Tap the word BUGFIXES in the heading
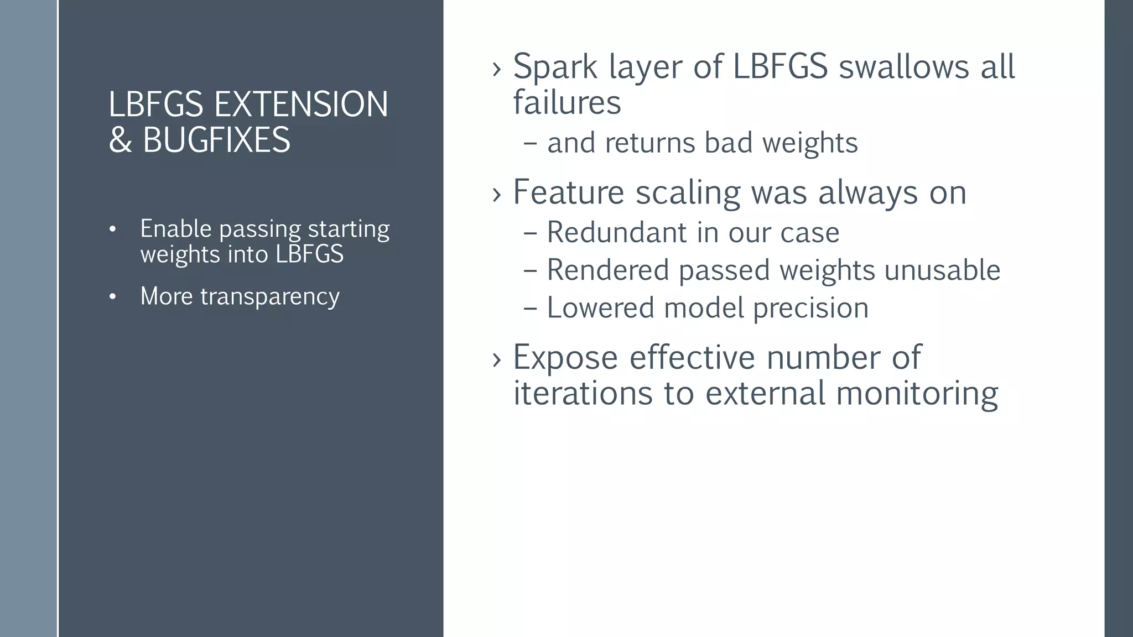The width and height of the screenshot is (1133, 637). (x=216, y=140)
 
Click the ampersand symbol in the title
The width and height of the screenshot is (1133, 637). (x=120, y=140)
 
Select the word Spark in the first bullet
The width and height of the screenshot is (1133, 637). (x=555, y=67)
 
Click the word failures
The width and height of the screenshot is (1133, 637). (x=567, y=103)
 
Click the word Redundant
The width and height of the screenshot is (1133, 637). (x=617, y=232)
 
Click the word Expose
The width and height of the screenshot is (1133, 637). (x=565, y=357)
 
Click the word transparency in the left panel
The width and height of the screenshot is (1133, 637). (x=269, y=297)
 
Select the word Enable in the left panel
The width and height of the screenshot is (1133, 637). (x=175, y=228)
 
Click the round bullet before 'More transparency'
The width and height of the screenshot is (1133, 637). (x=113, y=297)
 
